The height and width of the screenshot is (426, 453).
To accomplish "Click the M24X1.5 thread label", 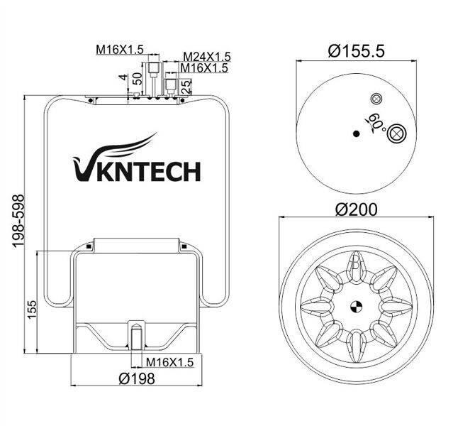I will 206,56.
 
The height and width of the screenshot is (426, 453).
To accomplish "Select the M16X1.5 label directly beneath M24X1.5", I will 203,68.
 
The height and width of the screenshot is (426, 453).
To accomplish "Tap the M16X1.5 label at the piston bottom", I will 169,363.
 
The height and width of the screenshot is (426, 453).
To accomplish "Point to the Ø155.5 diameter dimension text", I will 352,50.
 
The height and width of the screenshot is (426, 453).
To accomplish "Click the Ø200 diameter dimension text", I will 354,209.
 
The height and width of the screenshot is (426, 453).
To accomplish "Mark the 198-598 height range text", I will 19,222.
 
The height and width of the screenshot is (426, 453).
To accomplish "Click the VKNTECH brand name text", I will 138,171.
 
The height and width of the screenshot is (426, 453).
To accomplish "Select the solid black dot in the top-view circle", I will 356,133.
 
